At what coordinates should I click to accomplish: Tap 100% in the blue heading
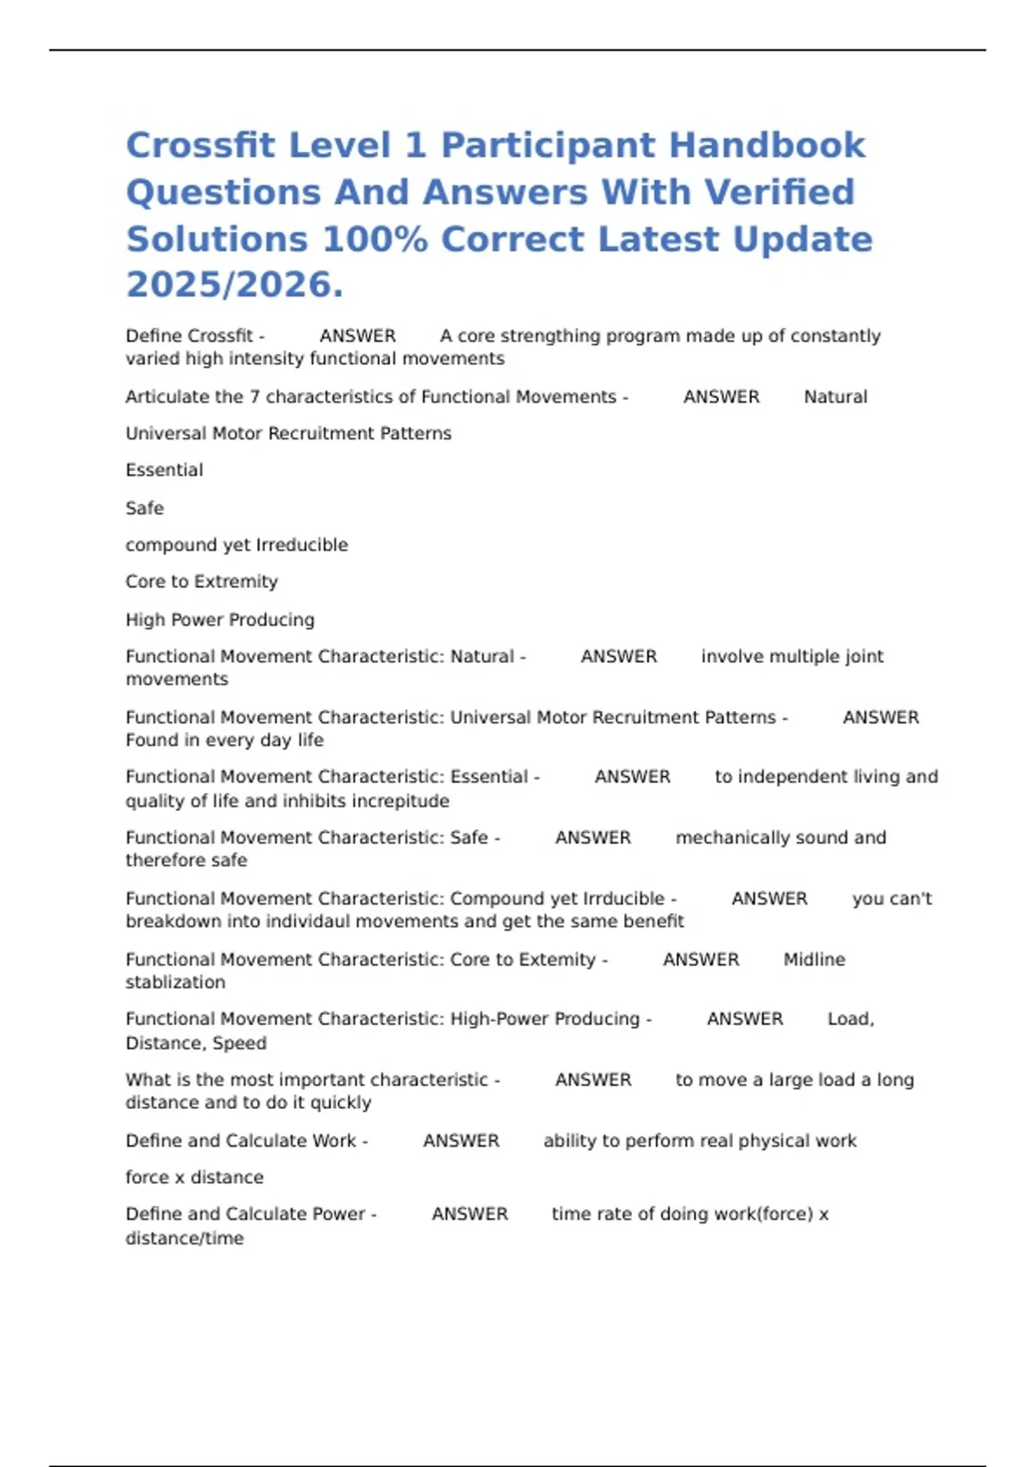pyautogui.click(x=375, y=239)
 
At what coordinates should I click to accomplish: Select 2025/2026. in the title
pyautogui.click(x=234, y=285)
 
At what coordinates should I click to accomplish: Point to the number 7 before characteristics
pyautogui.click(x=255, y=397)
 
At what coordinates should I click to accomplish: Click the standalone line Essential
pyautogui.click(x=164, y=470)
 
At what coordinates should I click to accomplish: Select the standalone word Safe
pyautogui.click(x=144, y=508)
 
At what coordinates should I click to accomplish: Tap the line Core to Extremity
pyautogui.click(x=201, y=582)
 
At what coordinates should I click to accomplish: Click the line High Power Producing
pyautogui.click(x=219, y=620)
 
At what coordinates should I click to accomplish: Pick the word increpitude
pyautogui.click(x=395, y=801)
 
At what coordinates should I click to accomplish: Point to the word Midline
pyautogui.click(x=814, y=960)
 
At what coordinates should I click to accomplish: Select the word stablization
pyautogui.click(x=175, y=982)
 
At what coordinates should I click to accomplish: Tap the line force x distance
pyautogui.click(x=194, y=1177)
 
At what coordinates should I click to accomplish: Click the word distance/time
pyautogui.click(x=184, y=1238)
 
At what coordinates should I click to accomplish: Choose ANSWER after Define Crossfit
pyautogui.click(x=357, y=336)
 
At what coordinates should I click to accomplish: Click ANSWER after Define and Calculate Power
pyautogui.click(x=470, y=1214)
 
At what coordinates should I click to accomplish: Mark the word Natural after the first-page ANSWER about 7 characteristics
pyautogui.click(x=835, y=397)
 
